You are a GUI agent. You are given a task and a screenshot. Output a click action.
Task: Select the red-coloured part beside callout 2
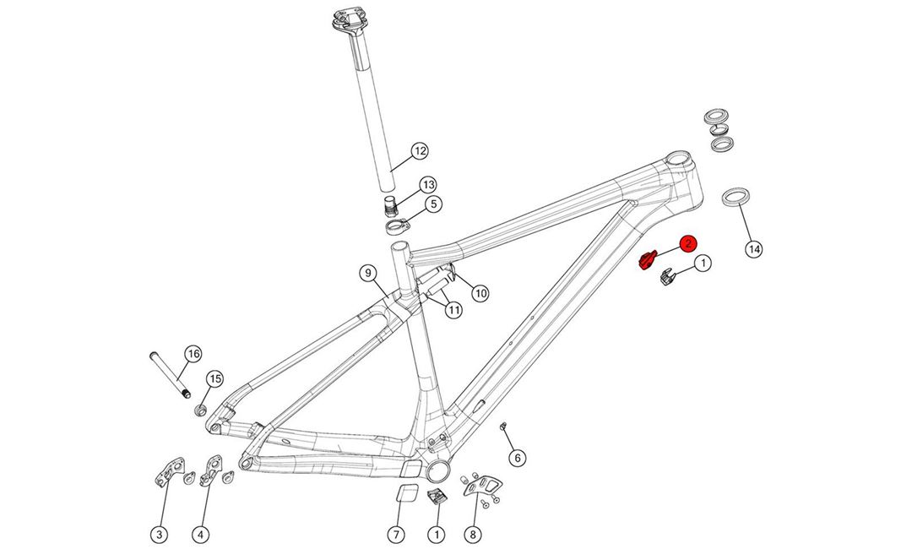point(647,261)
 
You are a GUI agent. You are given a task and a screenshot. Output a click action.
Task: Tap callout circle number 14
point(754,248)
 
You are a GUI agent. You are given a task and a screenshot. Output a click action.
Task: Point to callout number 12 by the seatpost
point(420,152)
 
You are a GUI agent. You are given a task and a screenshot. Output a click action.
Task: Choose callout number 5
point(432,204)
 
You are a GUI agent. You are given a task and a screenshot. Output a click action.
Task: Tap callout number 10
point(480,293)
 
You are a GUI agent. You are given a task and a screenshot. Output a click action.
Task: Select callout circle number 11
point(454,310)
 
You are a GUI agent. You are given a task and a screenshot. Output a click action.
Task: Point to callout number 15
point(214,378)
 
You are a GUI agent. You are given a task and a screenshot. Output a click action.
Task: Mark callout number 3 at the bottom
point(159,534)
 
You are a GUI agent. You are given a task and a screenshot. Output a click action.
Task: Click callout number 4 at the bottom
point(200,534)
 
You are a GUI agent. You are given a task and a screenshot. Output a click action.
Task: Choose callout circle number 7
point(395,534)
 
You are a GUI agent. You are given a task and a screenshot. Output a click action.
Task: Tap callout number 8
point(473,534)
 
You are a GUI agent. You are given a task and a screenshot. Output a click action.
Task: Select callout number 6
point(518,458)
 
